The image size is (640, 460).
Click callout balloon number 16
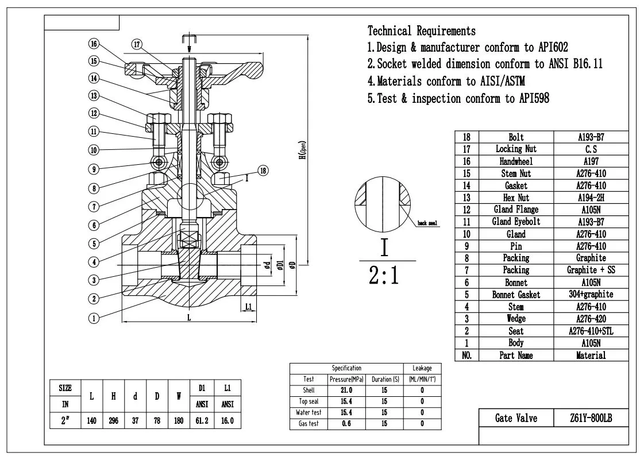click(x=94, y=43)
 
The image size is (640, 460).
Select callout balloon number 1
click(x=94, y=317)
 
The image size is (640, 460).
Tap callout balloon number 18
click(x=263, y=170)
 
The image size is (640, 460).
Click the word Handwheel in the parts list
click(x=516, y=162)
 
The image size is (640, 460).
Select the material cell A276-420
click(x=591, y=319)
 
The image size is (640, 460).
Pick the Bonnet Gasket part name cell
click(x=516, y=295)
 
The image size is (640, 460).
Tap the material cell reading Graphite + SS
click(x=591, y=270)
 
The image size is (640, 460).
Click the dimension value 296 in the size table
click(x=114, y=420)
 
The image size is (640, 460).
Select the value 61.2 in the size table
click(x=202, y=420)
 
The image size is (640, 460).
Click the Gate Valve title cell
click(x=516, y=419)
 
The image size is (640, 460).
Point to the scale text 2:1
click(x=384, y=276)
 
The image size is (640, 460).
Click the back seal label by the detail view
click(x=428, y=223)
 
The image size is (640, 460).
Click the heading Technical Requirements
click(x=422, y=30)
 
